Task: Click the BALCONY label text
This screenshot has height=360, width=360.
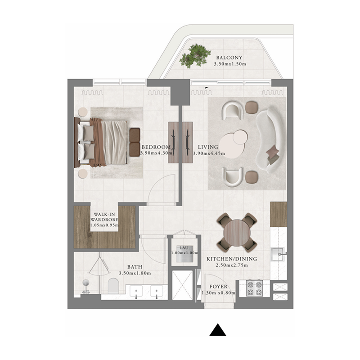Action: [x=229, y=58]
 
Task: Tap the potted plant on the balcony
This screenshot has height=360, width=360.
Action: [x=195, y=56]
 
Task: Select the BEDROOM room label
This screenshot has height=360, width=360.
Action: [x=156, y=147]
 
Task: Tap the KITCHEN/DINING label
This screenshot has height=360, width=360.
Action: [x=231, y=259]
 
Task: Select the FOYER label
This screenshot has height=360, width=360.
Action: [x=219, y=287]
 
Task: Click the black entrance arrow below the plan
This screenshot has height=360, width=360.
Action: [x=218, y=331]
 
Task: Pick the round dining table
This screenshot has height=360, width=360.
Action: [x=237, y=232]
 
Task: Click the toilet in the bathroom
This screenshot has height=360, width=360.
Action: [x=113, y=285]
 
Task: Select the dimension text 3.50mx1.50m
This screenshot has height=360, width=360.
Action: [x=229, y=64]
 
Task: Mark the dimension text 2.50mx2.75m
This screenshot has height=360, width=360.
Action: [x=231, y=265]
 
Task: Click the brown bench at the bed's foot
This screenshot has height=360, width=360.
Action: [x=135, y=142]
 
